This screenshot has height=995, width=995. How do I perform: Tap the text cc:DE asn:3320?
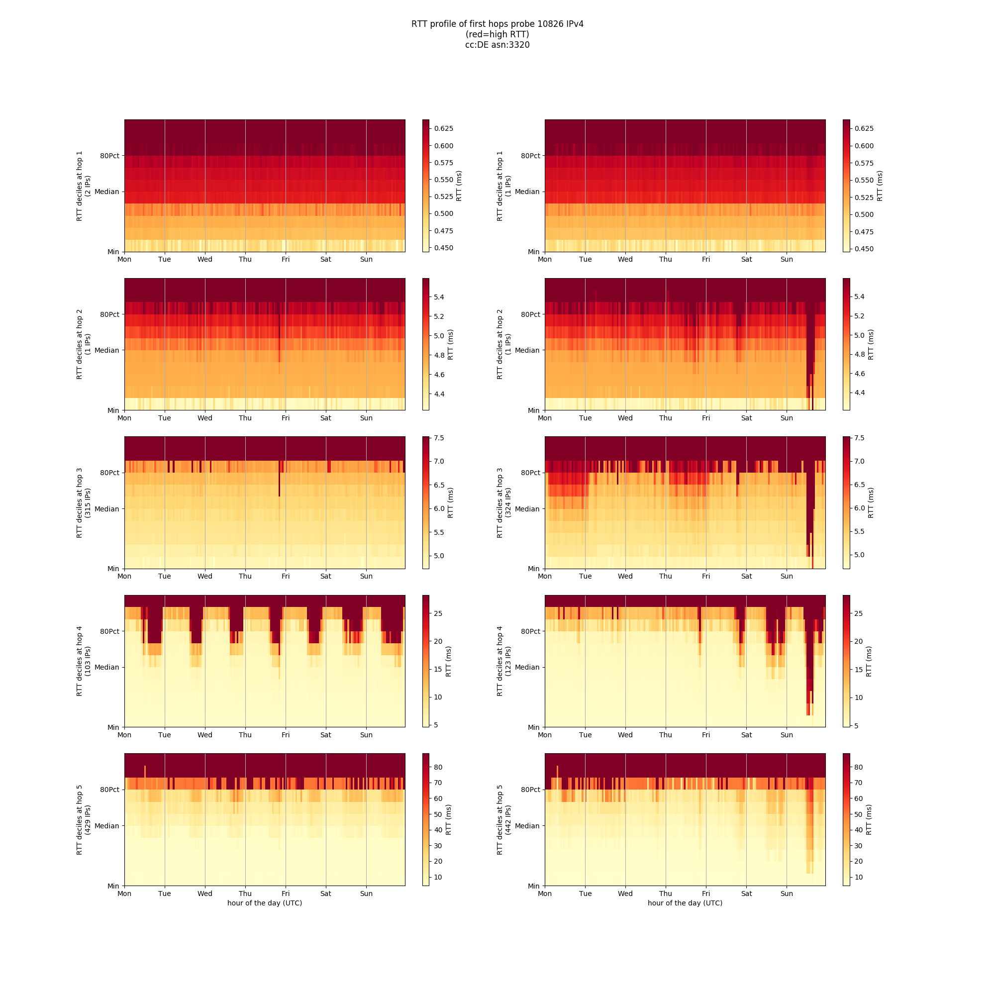coord(497,45)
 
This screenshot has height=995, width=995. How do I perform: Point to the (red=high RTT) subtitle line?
coord(497,34)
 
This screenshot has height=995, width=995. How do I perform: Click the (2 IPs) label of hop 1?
coord(88,186)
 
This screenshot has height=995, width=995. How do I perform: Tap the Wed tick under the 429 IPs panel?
coord(205,894)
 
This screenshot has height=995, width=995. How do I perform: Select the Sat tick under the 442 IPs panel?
coord(746,894)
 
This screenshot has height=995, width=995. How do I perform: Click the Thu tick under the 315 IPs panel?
coord(245,576)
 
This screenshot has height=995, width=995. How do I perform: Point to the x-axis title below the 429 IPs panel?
coord(265,903)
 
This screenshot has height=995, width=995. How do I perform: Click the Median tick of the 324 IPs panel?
coord(527,509)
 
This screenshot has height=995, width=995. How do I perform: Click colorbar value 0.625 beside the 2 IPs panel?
coord(443,128)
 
